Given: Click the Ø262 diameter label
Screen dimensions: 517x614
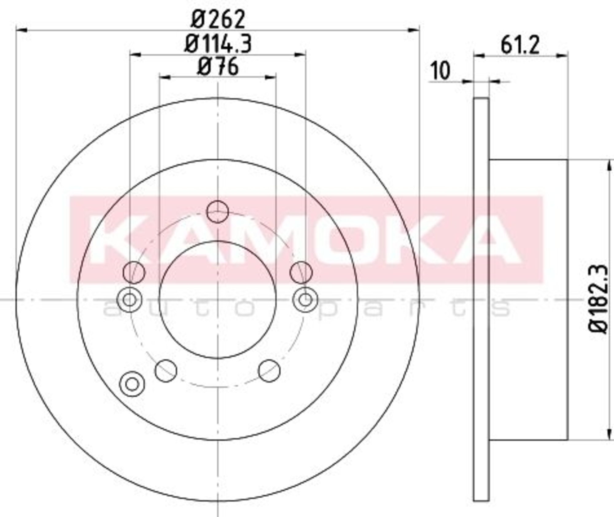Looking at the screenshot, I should [x=218, y=19].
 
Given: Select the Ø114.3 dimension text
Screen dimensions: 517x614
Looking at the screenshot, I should [x=218, y=44].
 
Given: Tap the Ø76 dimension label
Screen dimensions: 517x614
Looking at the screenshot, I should [x=218, y=67].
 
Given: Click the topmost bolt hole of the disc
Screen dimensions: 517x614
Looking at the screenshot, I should [x=217, y=212].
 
